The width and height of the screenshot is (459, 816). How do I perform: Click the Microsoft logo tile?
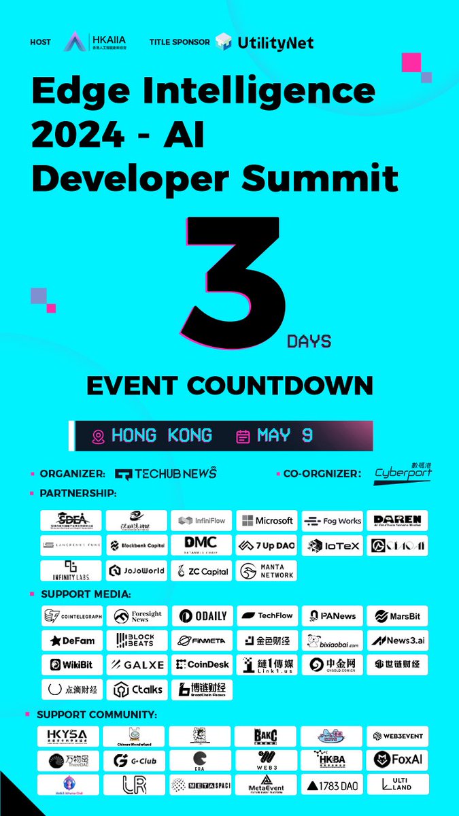(266, 521)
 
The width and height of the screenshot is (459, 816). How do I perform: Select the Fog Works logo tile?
(332, 521)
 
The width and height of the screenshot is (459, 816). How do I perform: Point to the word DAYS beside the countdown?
(309, 341)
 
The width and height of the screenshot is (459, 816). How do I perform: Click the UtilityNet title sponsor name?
(275, 43)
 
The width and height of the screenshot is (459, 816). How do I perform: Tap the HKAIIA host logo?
(95, 42)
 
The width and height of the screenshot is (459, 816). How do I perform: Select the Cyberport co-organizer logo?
(403, 473)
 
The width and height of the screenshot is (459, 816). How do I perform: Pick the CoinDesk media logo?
(202, 664)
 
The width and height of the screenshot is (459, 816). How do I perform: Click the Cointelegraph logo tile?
(71, 616)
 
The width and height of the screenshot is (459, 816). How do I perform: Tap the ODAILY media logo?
(202, 616)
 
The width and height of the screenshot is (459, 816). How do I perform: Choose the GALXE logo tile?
(137, 664)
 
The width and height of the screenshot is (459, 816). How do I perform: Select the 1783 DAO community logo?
(332, 785)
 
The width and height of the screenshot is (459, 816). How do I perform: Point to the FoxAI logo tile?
(397, 760)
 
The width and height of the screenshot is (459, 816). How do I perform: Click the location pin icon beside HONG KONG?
(99, 437)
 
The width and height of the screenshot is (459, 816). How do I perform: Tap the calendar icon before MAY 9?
(243, 437)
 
